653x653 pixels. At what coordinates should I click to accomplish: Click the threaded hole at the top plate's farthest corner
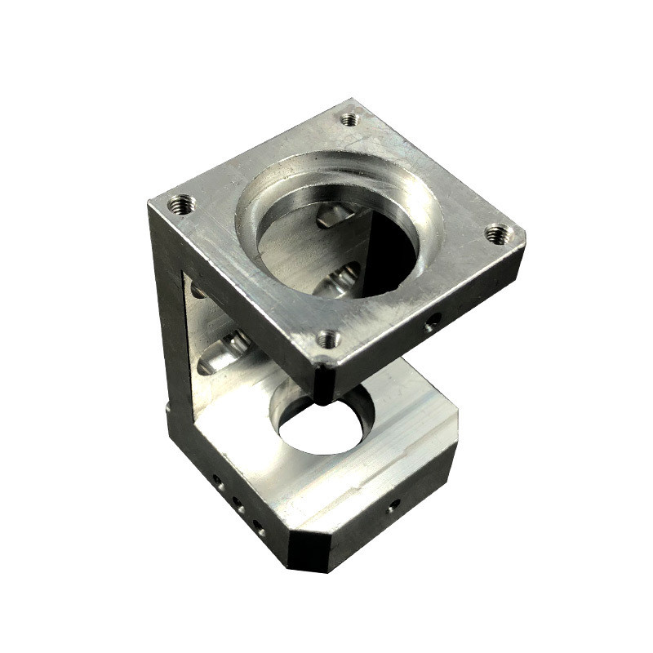coord(349,119)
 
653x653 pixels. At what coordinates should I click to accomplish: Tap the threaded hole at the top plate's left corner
coord(181,202)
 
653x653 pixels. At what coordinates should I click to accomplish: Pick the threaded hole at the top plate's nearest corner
coord(328,338)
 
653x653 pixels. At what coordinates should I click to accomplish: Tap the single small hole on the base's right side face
coord(393,505)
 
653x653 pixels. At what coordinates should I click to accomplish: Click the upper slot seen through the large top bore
coord(331,215)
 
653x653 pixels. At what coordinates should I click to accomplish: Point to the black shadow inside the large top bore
coord(392,253)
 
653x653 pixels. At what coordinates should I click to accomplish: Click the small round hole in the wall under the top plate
coord(197,288)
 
